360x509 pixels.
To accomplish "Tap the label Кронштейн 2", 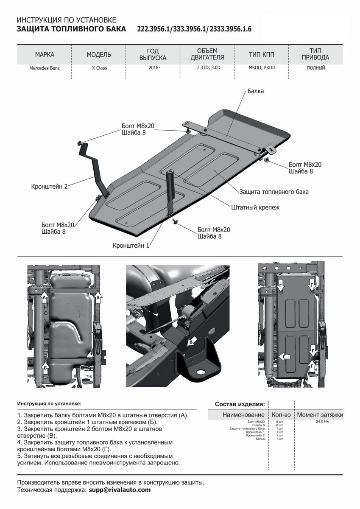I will click(x=49, y=186).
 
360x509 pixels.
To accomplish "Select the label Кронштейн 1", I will click(x=131, y=245).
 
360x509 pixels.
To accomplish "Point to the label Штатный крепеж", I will click(x=256, y=208).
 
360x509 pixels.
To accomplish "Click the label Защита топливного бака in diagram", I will click(x=274, y=192).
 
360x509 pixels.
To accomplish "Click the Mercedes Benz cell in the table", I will click(x=45, y=68).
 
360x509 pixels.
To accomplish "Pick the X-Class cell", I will click(x=99, y=68).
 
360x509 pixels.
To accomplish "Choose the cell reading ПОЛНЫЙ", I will click(x=316, y=68).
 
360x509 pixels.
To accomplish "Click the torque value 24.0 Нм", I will click(x=323, y=422).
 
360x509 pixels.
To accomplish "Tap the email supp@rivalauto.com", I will click(x=120, y=489).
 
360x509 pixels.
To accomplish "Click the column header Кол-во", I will click(x=281, y=414).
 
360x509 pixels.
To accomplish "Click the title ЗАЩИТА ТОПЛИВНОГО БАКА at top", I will click(x=71, y=29).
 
